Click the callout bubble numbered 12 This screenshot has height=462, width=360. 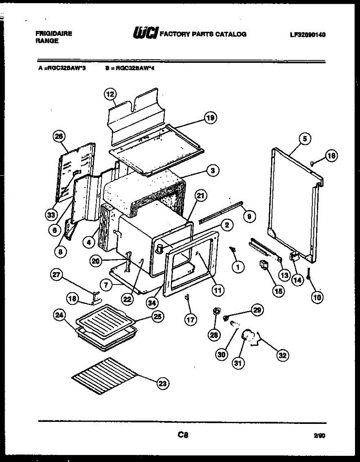pyautogui.click(x=111, y=94)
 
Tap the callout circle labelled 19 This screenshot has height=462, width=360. pyautogui.click(x=210, y=118)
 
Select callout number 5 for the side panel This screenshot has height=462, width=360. pyautogui.click(x=305, y=139)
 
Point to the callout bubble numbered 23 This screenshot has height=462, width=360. pyautogui.click(x=162, y=383)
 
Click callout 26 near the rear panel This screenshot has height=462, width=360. pyautogui.click(x=60, y=136)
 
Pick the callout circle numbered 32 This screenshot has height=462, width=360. pyautogui.click(x=283, y=355)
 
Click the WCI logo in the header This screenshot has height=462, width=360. pyautogui.click(x=145, y=33)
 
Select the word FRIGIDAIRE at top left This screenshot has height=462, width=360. pyautogui.click(x=54, y=33)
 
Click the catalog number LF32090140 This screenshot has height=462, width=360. pyautogui.click(x=308, y=34)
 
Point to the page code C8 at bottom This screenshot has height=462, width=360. pyautogui.click(x=183, y=435)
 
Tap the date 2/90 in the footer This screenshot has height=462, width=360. pyautogui.click(x=319, y=436)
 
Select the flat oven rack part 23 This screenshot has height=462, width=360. pyautogui.click(x=104, y=375)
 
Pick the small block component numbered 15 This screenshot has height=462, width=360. pyautogui.click(x=265, y=265)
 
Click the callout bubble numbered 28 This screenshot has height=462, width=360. pyautogui.click(x=214, y=335)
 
